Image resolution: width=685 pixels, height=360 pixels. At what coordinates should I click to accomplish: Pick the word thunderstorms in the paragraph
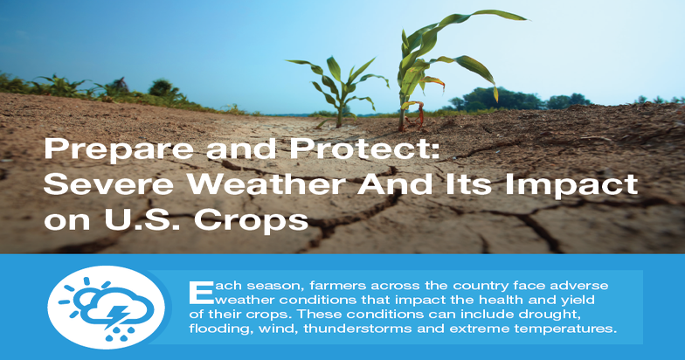click(377, 329)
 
